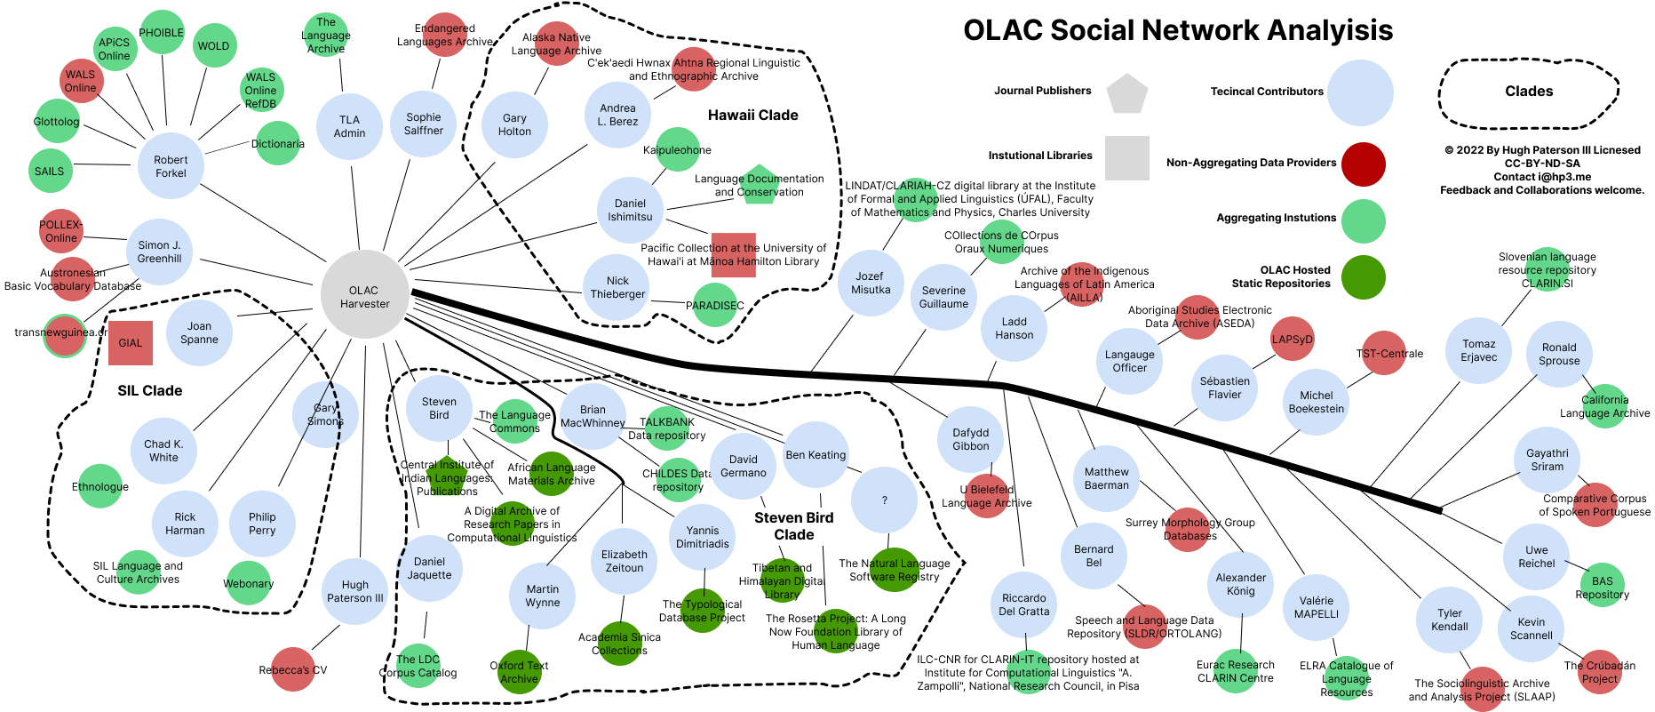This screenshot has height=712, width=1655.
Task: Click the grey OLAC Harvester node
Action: click(x=364, y=296)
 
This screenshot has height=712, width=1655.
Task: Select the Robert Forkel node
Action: click(x=171, y=166)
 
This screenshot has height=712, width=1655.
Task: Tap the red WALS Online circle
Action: click(x=81, y=81)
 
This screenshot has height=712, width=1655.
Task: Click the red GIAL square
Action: click(x=131, y=343)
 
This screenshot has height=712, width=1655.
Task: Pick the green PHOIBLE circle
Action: click(x=162, y=33)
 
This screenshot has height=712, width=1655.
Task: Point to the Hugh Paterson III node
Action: click(x=354, y=591)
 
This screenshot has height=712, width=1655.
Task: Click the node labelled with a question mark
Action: click(x=884, y=500)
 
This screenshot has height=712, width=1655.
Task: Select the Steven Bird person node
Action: click(x=439, y=408)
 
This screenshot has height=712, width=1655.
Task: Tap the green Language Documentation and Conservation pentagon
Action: click(x=760, y=185)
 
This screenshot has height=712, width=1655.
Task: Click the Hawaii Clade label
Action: click(x=752, y=115)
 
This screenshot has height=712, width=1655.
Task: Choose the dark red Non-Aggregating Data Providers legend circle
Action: click(x=1363, y=164)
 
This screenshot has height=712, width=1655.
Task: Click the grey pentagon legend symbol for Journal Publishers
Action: click(x=1126, y=93)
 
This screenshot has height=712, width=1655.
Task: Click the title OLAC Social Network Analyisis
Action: click(x=1178, y=30)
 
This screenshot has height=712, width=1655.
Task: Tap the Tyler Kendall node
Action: click(x=1449, y=620)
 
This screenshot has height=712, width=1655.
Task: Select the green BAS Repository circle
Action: click(x=1602, y=587)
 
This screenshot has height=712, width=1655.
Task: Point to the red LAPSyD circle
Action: click(x=1292, y=340)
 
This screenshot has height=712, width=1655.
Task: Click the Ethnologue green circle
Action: click(x=100, y=486)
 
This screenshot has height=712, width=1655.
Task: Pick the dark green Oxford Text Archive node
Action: click(x=519, y=672)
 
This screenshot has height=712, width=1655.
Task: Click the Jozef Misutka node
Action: click(x=870, y=283)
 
